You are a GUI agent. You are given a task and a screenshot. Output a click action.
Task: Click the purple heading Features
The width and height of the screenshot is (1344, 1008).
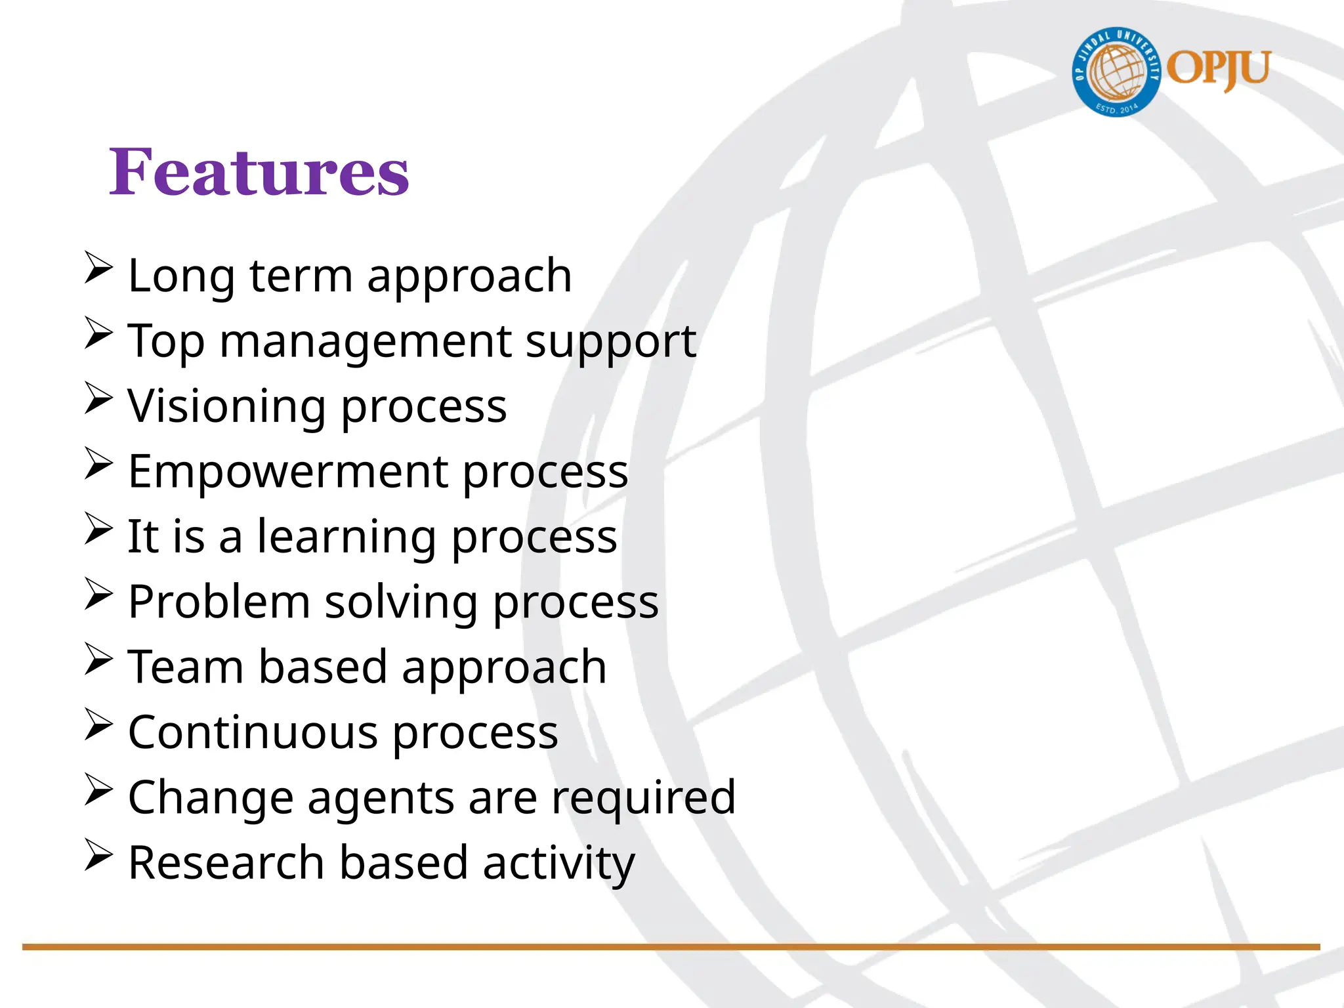point(259,172)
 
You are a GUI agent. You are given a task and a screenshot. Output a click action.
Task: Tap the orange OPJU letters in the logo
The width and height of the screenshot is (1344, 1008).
point(1219,69)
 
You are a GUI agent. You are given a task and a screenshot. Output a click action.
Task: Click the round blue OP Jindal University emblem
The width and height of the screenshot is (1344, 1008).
point(1116,72)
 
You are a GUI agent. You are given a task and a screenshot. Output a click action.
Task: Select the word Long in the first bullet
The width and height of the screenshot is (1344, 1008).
point(181,276)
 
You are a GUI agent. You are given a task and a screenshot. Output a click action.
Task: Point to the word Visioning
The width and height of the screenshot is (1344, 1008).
point(226,406)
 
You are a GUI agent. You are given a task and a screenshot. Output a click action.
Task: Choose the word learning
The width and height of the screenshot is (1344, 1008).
point(346,537)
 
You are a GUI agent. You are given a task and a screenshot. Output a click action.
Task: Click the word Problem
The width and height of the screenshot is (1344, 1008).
point(219,602)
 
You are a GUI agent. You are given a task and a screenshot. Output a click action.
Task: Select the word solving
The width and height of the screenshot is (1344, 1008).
point(401,602)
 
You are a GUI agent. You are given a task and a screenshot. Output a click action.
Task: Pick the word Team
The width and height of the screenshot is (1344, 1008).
point(186,667)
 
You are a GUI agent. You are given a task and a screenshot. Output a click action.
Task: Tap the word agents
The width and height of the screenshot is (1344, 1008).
point(381,799)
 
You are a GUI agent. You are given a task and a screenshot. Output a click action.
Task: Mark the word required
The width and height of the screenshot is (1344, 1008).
point(643,798)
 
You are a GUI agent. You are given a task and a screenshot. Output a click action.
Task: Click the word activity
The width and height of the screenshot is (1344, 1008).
point(559,864)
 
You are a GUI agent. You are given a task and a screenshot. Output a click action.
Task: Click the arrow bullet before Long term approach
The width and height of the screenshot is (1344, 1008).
point(98,268)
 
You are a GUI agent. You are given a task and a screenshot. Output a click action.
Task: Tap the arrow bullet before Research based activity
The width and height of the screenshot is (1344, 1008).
point(98,856)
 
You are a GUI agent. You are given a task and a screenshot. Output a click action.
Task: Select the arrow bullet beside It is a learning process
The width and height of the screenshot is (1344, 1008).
point(98,529)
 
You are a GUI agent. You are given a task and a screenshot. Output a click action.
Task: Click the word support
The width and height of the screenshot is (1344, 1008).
point(611,342)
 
